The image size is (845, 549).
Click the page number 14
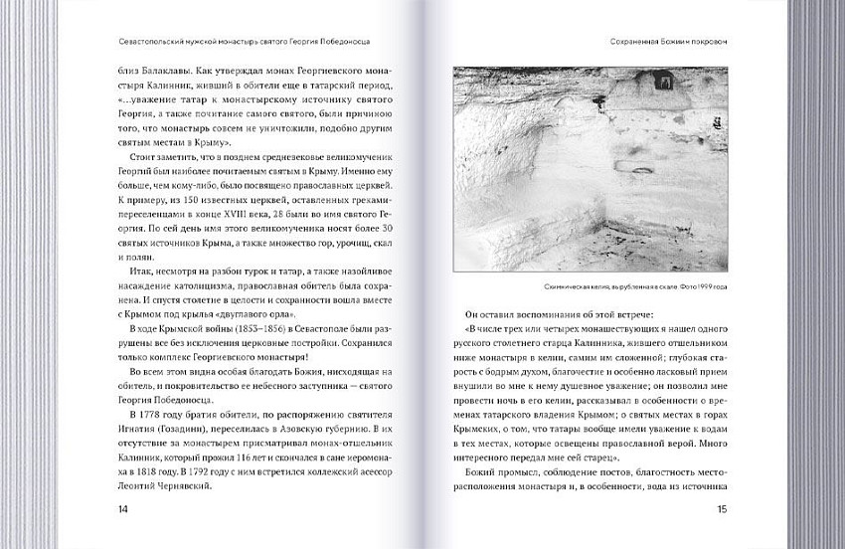[x=123, y=510]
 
